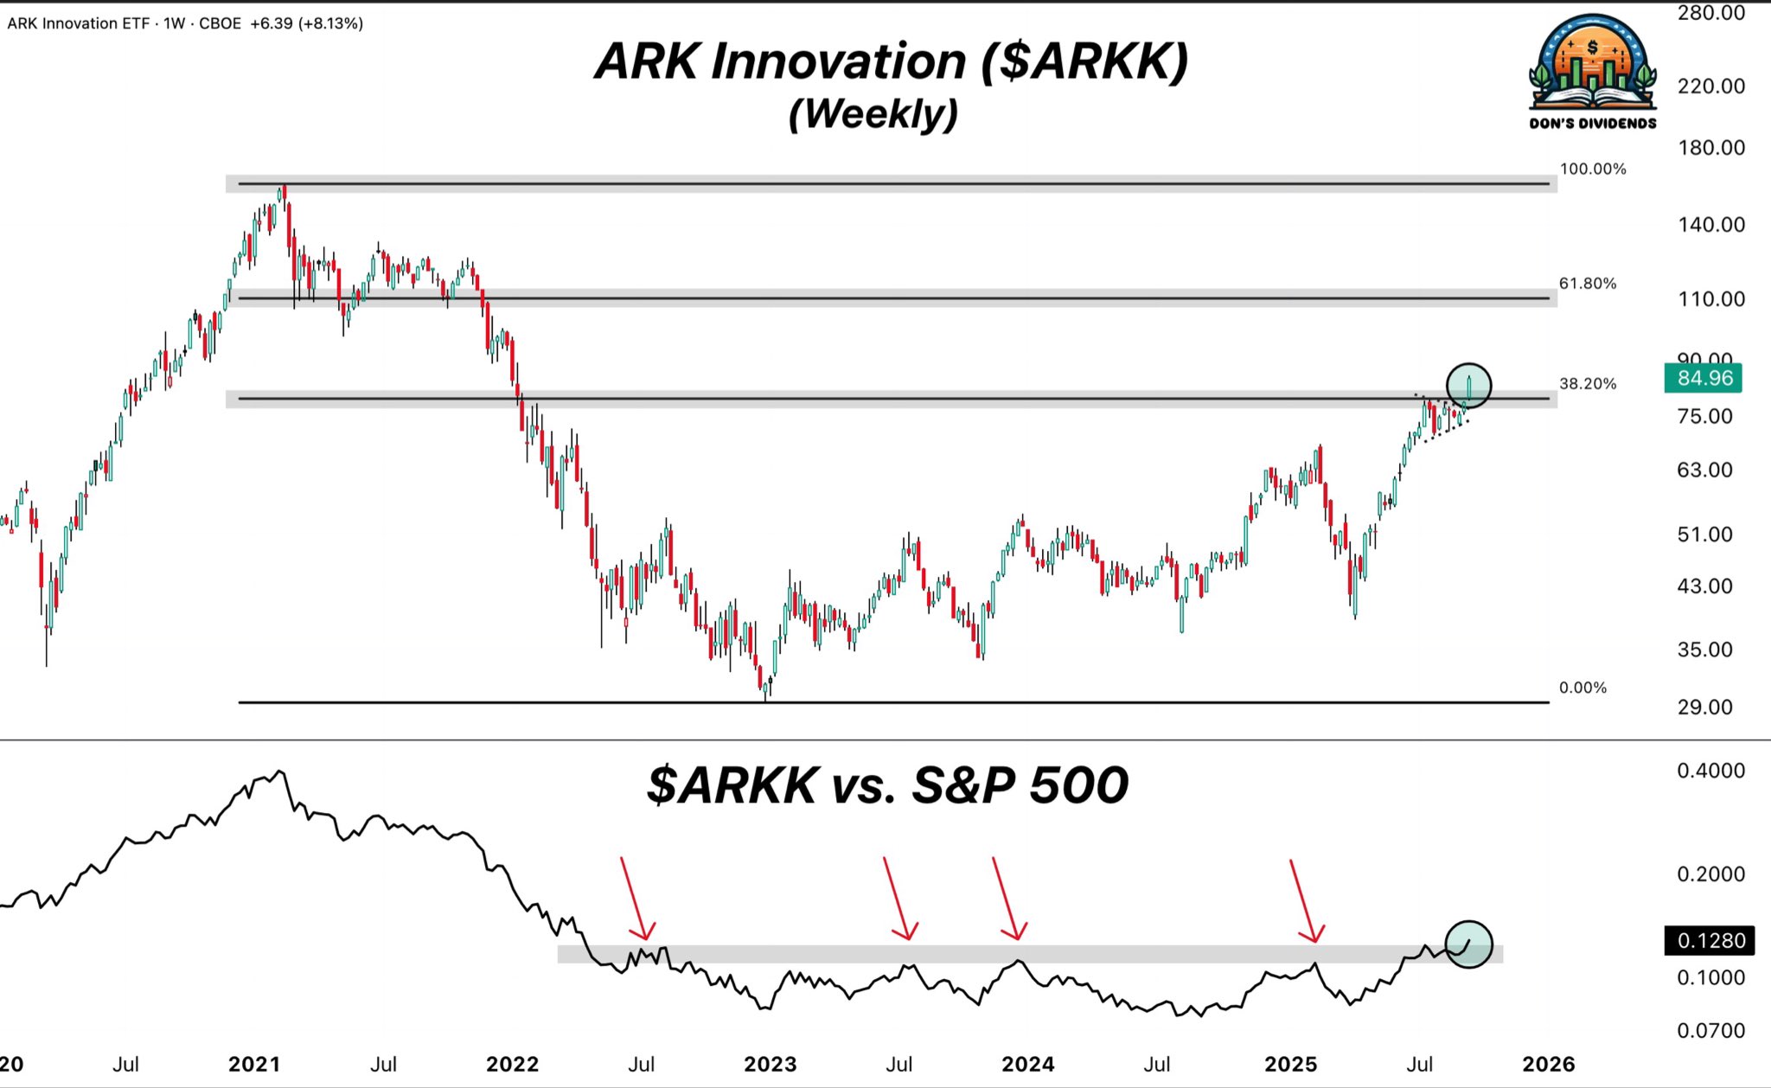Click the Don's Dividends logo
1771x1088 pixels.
1593,74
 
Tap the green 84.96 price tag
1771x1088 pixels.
1703,378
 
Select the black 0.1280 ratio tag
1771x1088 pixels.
1710,940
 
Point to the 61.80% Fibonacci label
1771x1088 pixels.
1588,284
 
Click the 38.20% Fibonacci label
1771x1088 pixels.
1588,383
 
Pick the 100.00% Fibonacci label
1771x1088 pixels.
1593,169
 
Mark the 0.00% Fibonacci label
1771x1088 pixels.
1582,688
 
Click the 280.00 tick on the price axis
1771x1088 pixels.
1710,13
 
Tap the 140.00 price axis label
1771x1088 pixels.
1710,225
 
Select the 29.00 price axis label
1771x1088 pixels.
1705,707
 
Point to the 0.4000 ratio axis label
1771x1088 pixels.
1710,771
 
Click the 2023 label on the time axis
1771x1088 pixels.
770,1064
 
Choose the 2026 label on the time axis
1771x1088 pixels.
1548,1064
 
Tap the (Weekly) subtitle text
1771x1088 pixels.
873,113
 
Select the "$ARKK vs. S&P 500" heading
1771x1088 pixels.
888,785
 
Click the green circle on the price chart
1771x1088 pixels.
1468,385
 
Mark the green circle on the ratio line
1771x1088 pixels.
1468,944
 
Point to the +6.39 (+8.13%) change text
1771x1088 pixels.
306,23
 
